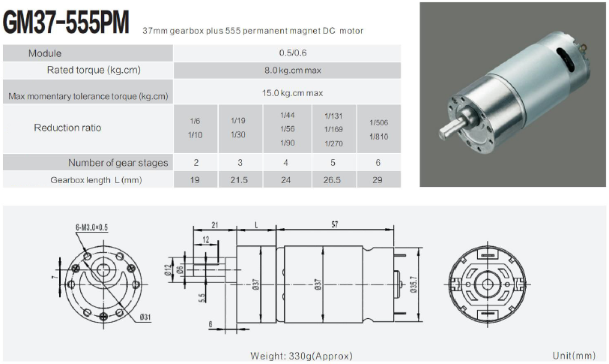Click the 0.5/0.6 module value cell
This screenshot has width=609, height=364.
pos(287,53)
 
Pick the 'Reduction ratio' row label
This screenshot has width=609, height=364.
pos(67,128)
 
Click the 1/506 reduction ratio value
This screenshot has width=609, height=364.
pos(378,122)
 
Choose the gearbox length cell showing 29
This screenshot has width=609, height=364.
pos(378,180)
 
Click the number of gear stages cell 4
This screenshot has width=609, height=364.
pos(287,163)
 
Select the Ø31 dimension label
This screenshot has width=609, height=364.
pos(144,317)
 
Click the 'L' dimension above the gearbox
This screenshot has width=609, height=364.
pos(256,224)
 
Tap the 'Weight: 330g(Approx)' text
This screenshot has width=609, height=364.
pos(302,355)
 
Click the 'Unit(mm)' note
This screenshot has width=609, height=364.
pos(574,355)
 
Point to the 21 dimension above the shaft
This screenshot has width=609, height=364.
pos(214,224)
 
